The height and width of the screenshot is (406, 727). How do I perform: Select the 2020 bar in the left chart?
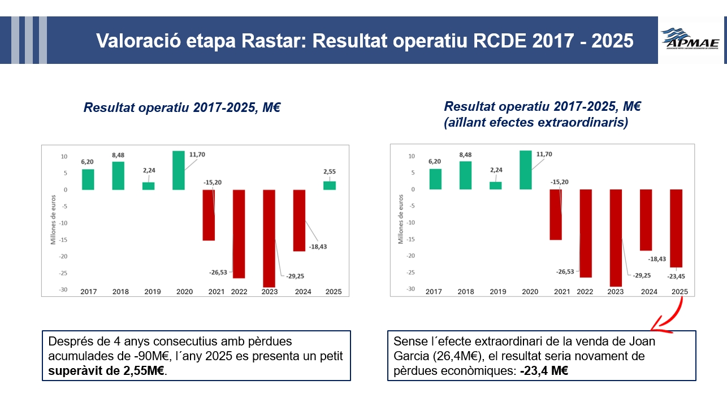click(x=179, y=170)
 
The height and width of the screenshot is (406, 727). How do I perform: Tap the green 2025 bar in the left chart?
click(x=329, y=185)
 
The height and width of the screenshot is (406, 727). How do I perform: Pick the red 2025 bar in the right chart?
click(x=676, y=228)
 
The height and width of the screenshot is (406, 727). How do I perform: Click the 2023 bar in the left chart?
click(x=269, y=237)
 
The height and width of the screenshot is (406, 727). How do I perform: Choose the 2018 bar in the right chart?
click(x=466, y=175)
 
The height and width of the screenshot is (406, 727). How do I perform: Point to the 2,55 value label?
click(x=329, y=171)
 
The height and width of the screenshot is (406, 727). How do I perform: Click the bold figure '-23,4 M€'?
click(x=544, y=371)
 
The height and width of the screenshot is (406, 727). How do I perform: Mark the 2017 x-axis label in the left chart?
click(x=88, y=292)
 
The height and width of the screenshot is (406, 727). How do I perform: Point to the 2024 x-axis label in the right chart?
click(x=648, y=292)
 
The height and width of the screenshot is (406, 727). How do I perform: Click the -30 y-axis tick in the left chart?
click(x=64, y=290)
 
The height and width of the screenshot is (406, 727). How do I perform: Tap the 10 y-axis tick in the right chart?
click(x=412, y=156)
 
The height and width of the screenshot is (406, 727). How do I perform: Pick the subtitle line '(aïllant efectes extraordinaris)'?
click(x=536, y=123)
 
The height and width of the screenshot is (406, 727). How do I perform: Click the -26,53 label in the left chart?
click(x=218, y=273)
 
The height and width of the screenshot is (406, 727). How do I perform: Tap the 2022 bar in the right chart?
click(x=586, y=233)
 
